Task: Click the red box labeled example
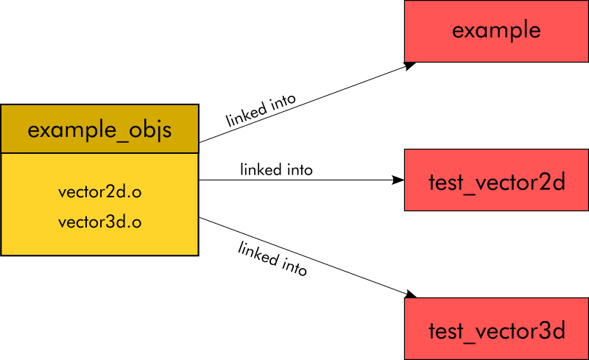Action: coord(496,31)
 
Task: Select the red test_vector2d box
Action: coord(496,180)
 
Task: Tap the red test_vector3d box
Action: coord(496,329)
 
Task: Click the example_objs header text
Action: coord(99,130)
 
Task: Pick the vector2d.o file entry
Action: coord(99,191)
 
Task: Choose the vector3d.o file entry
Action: coord(99,222)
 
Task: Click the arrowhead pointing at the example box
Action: coord(409,66)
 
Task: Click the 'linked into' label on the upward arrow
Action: coord(261,110)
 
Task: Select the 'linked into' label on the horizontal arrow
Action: coord(276,170)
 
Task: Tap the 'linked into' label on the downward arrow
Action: coord(272,258)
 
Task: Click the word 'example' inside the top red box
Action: coord(496,31)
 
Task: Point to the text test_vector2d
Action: coord(496,182)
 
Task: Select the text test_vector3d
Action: coord(496,331)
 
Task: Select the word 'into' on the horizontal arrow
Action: coord(299,170)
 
